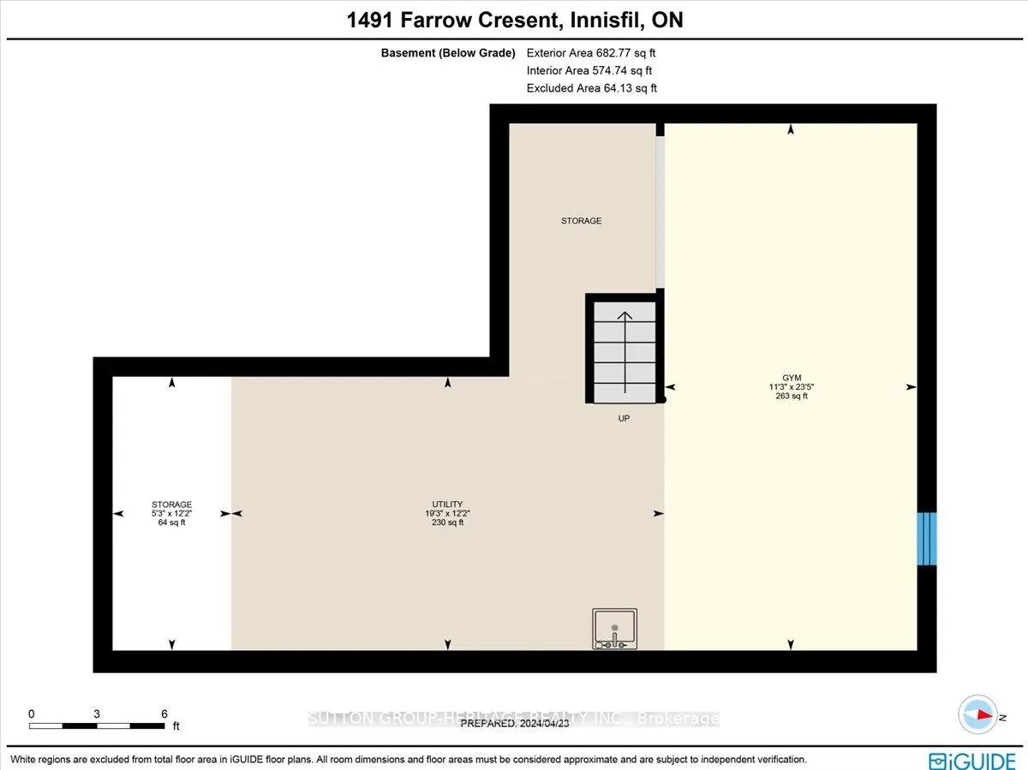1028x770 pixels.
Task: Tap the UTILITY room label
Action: [447, 504]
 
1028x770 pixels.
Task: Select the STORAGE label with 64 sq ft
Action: [171, 504]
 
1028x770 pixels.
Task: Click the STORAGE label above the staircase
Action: [581, 221]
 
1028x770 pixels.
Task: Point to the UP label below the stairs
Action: [625, 419]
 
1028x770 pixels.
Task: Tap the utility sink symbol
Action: [614, 628]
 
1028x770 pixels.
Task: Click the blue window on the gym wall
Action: [926, 539]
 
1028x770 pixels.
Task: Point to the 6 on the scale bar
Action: [164, 713]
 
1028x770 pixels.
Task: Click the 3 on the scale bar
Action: [97, 713]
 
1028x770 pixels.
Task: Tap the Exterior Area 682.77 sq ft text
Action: [591, 52]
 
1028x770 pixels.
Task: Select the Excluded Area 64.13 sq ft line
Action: [591, 88]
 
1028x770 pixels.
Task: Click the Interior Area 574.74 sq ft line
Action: [589, 70]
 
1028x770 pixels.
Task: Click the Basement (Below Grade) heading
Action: [448, 52]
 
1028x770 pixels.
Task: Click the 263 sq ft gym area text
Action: [792, 396]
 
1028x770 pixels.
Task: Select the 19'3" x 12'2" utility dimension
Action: [447, 513]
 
